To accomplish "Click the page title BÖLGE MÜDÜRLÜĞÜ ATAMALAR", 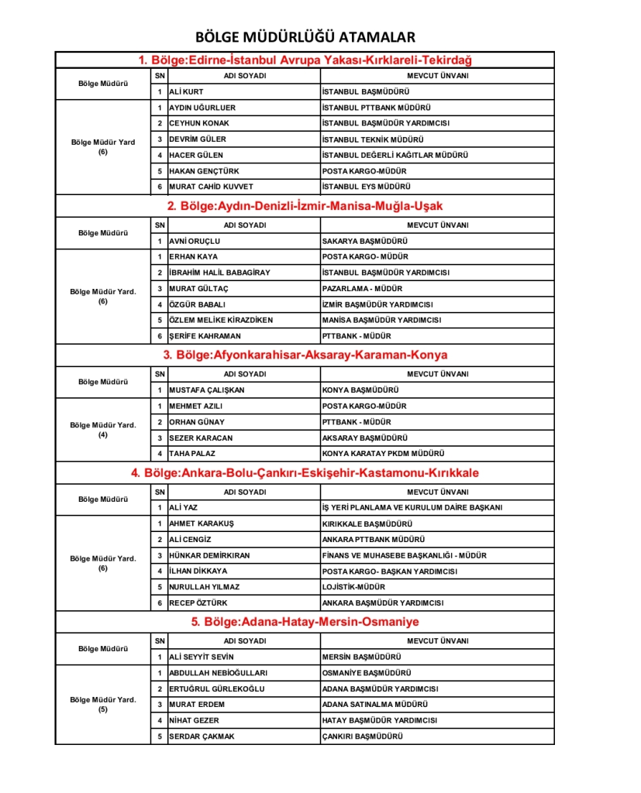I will coord(305,37).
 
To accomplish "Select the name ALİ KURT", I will coord(186,91).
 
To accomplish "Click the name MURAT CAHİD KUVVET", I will coord(211,187).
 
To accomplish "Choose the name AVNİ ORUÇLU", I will coord(195,241).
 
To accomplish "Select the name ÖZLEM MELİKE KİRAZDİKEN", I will coord(221,320).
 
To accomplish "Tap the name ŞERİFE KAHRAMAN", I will coord(205,336).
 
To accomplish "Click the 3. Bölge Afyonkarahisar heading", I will coord(305,355).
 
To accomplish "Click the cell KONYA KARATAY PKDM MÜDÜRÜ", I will coord(384,454).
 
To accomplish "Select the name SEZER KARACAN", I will coord(201,438).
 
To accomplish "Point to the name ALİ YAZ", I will coord(184,508).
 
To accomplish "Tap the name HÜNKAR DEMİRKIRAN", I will coord(209,555).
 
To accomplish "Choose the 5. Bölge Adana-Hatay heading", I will coord(305,622).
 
